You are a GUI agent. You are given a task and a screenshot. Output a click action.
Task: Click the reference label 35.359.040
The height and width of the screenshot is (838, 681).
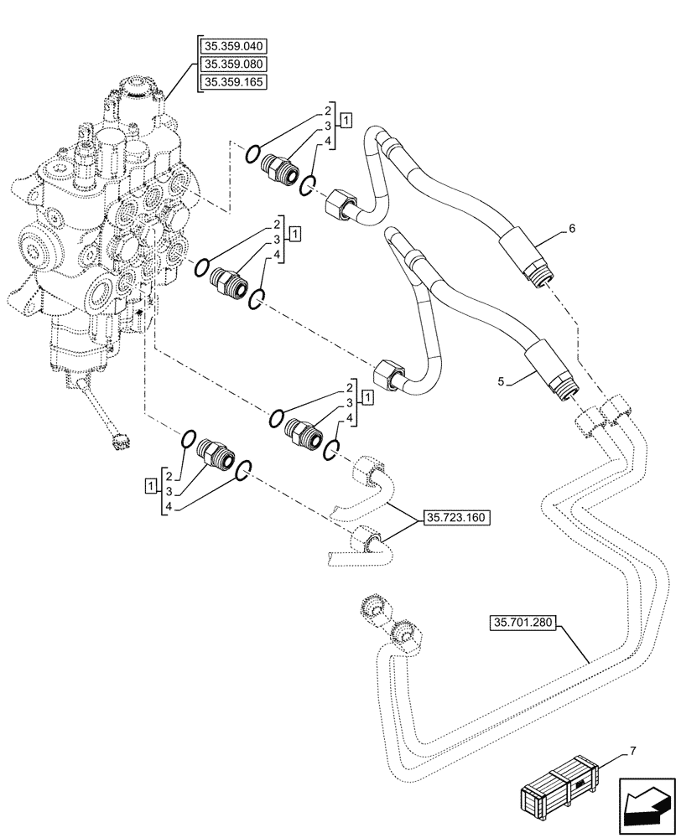[230, 46]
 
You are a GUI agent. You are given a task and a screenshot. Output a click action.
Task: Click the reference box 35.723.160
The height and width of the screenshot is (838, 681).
[456, 518]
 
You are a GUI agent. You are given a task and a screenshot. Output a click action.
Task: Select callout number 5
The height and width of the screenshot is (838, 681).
[502, 381]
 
